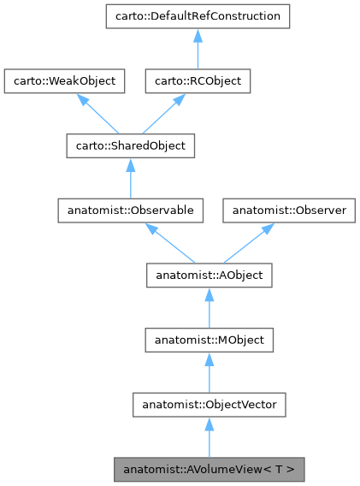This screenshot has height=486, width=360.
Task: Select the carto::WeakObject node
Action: coord(65,81)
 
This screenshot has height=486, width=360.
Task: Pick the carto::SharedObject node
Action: coord(129,146)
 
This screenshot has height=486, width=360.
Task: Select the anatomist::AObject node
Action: coord(210,276)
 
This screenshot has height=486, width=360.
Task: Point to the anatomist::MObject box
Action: coord(210,341)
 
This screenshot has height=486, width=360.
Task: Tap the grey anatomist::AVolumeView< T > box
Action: coord(210,470)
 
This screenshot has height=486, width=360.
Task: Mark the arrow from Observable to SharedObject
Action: coord(129,178)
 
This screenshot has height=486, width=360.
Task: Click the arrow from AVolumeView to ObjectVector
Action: coord(210,437)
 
